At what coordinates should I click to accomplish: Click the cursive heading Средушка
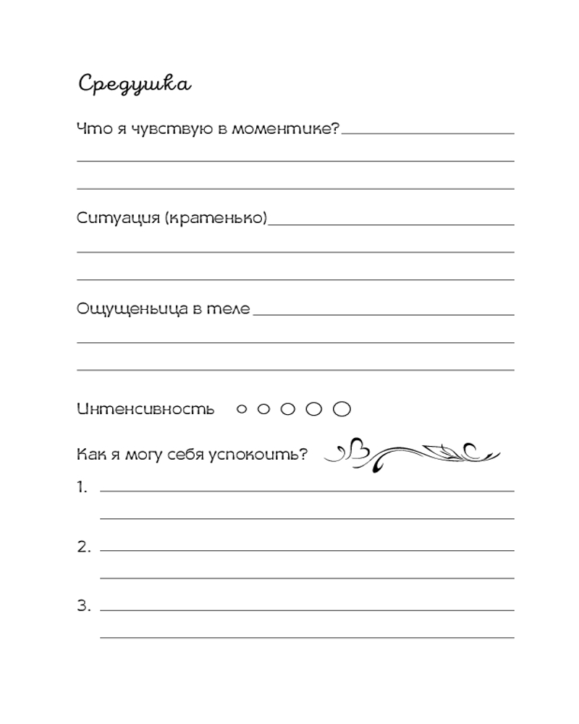point(134,84)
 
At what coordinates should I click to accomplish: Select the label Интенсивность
point(145,409)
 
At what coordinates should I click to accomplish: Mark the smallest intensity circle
point(242,410)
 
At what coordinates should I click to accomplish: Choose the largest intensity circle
point(342,410)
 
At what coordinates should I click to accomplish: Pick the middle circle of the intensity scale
point(288,410)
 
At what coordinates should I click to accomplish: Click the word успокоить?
point(270,455)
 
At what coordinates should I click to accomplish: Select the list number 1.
point(83,487)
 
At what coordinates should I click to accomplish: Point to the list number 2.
point(83,547)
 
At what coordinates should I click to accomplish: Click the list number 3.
point(83,606)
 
